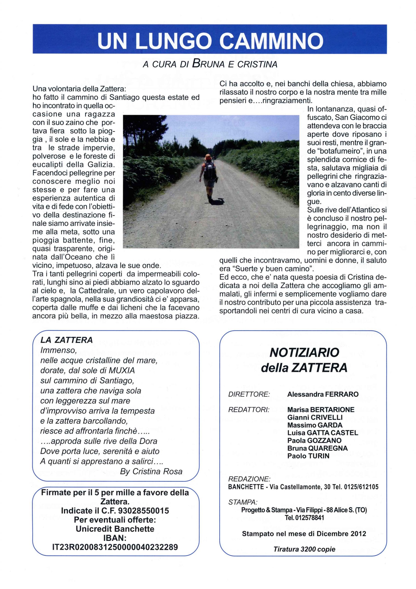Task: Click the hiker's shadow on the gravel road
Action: pos(218,201)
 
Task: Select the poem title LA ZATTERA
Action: pos(66,340)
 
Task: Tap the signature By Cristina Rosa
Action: pos(151,471)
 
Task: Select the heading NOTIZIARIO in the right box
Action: pos(304,353)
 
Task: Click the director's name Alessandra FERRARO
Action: pos(323,394)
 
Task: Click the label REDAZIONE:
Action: pos(249,479)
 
